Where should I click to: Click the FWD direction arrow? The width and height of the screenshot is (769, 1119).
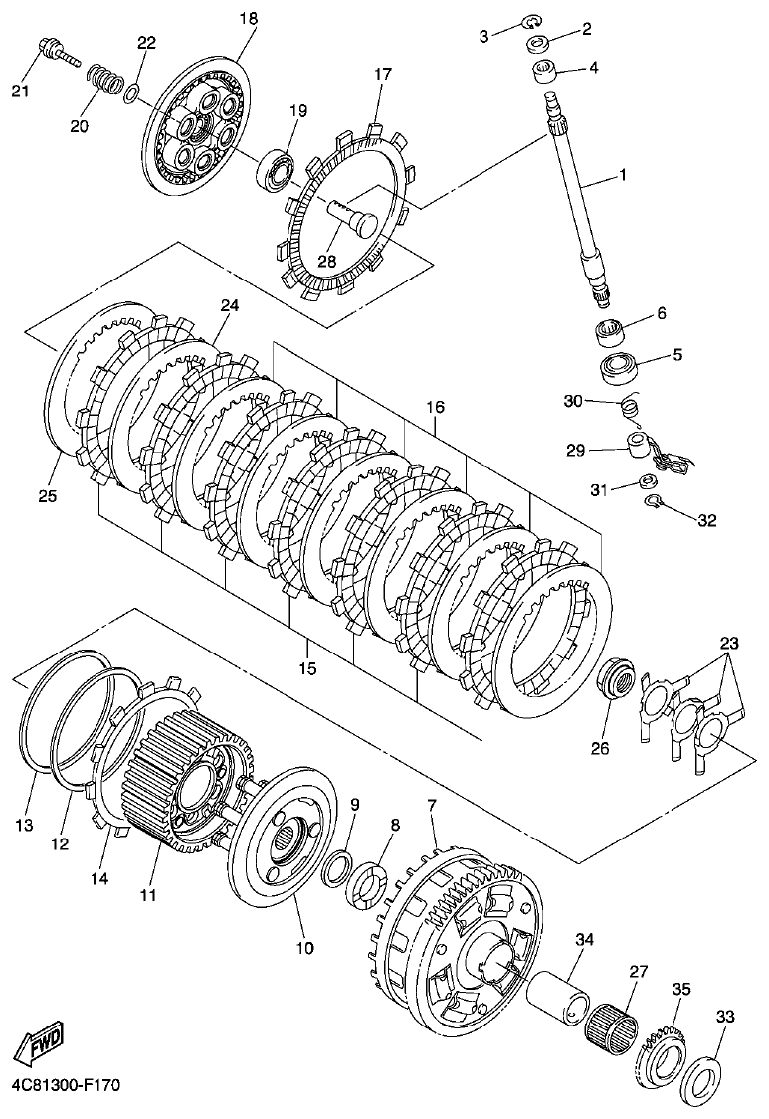pos(39,1044)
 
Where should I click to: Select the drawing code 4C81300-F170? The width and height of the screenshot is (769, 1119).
pos(62,1086)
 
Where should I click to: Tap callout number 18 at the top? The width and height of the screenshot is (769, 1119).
pos(248,19)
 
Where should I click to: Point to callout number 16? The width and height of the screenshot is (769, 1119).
pos(435,408)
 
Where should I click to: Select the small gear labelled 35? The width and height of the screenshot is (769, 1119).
pos(658,1049)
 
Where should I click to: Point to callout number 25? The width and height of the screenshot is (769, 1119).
pos(48,494)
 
